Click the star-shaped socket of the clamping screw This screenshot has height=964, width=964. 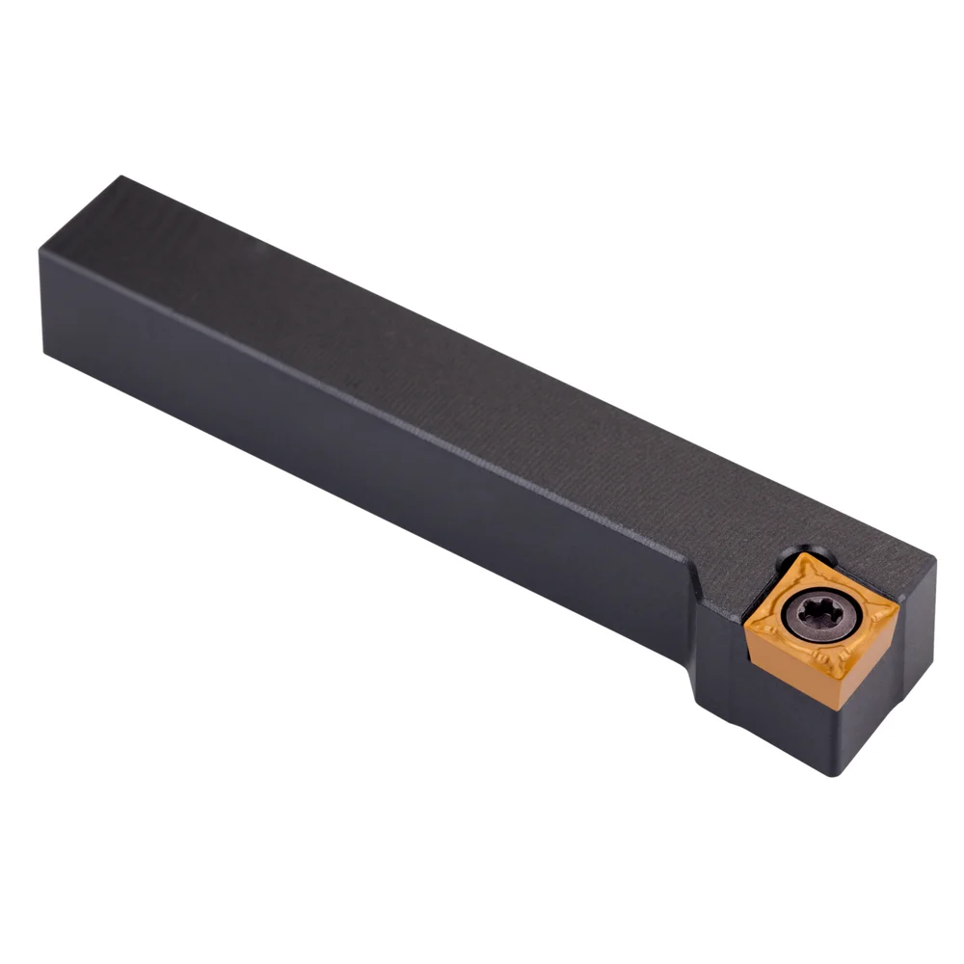tap(817, 614)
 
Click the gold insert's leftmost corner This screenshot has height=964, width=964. tap(744, 629)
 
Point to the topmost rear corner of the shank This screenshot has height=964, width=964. tap(120, 177)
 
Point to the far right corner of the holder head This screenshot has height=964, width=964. tap(934, 559)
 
